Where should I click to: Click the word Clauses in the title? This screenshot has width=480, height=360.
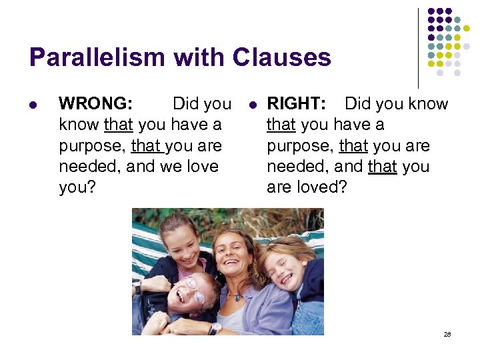point(281,58)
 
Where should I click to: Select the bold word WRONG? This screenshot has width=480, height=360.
point(96,104)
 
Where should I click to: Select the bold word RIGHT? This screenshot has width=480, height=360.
point(296,104)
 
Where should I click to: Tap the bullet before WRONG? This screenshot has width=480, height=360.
point(33,105)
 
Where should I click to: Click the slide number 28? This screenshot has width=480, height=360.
point(447,334)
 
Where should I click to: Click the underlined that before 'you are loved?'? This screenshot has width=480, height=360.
point(382,166)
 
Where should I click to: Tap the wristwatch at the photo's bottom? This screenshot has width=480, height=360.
point(215,328)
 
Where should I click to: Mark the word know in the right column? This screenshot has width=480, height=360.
point(427,104)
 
